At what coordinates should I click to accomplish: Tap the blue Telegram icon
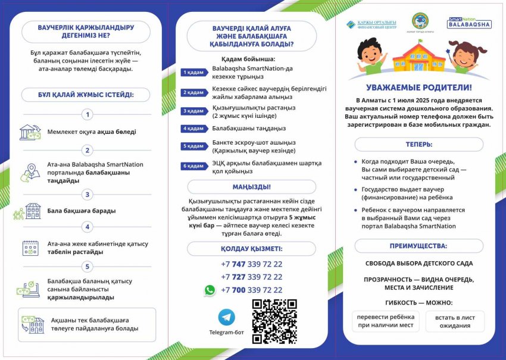click(x=226, y=317)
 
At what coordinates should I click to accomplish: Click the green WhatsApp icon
click(x=210, y=290)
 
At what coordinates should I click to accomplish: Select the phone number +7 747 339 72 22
click(x=251, y=264)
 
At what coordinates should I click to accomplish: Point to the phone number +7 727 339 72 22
click(x=251, y=277)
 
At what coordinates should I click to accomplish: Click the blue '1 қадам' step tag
click(x=194, y=73)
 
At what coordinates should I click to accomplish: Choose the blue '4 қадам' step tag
click(x=194, y=129)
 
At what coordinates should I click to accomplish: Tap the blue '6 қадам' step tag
click(x=194, y=167)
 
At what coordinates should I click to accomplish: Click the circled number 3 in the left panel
click(x=88, y=195)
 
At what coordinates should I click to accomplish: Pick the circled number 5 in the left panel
click(x=88, y=267)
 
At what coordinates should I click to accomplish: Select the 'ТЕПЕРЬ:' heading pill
click(x=419, y=145)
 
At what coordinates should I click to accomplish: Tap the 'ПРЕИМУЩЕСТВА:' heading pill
click(x=419, y=246)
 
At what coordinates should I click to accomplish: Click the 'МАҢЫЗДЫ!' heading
click(x=251, y=187)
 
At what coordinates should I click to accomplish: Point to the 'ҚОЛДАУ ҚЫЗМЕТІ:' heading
click(x=251, y=249)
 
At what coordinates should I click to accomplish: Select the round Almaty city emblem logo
click(x=420, y=21)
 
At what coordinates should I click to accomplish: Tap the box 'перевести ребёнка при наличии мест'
click(x=384, y=321)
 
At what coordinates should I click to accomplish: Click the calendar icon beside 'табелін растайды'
click(x=30, y=248)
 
